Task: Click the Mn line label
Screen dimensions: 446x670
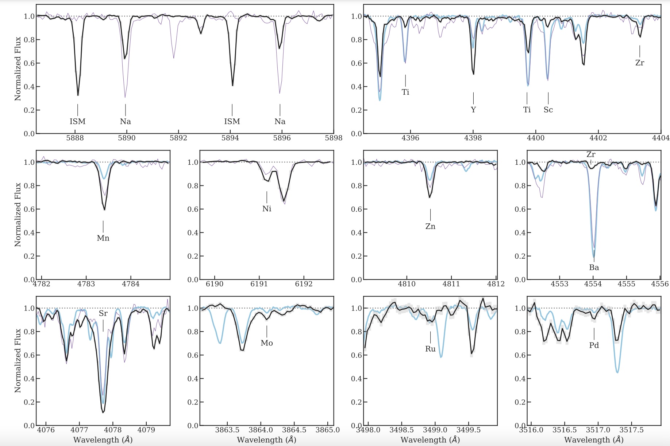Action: (103, 238)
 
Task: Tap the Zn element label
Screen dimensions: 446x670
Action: (430, 226)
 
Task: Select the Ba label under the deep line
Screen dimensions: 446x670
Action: (594, 267)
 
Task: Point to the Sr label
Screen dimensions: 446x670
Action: (103, 313)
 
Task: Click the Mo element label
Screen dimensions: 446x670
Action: (267, 343)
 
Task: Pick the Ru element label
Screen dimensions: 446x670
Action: (430, 349)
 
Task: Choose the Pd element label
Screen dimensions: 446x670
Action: (594, 345)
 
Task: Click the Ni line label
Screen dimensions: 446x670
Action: (267, 209)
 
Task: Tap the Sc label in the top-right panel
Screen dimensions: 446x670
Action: (548, 110)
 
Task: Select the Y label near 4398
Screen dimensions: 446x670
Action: (473, 110)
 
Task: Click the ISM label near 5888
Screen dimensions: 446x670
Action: (77, 121)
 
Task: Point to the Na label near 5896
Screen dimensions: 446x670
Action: (280, 121)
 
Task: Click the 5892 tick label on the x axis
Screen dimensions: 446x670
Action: (178, 138)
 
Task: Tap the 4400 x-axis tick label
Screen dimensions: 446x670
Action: (536, 138)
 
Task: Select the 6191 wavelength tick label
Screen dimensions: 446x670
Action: (259, 284)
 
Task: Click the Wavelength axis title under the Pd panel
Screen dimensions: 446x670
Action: (594, 440)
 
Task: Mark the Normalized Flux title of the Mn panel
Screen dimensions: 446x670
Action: (18, 215)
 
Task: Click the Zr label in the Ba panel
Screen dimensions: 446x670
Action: (591, 154)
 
